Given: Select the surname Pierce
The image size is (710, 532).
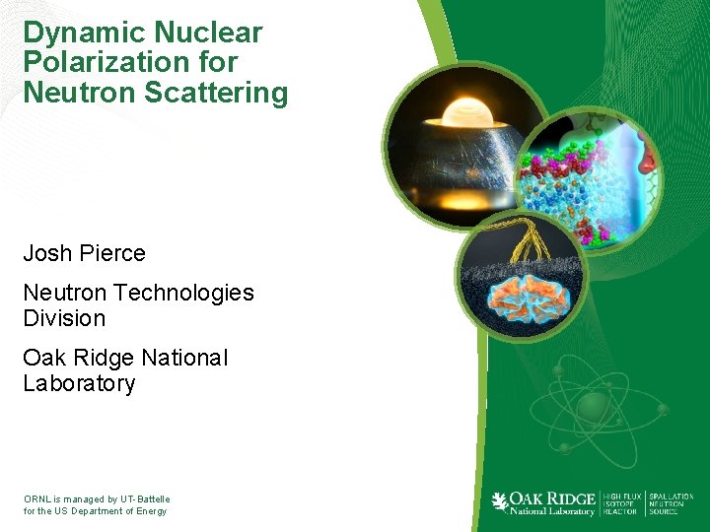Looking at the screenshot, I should tap(112, 253).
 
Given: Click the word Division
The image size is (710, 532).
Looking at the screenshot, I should tap(64, 318).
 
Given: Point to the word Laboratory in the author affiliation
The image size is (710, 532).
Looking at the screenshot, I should tap(79, 383).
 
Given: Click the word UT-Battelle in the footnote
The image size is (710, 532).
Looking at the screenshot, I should tap(143, 499).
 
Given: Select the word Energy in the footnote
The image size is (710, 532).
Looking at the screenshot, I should tap(150, 511).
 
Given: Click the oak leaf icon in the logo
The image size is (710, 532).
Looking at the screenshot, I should tap(501, 501).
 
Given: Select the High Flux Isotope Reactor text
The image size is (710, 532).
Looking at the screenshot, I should tap(620, 503).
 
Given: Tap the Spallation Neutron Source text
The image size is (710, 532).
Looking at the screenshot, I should tap(671, 503).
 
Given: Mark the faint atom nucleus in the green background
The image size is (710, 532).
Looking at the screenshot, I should tap(594, 407).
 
